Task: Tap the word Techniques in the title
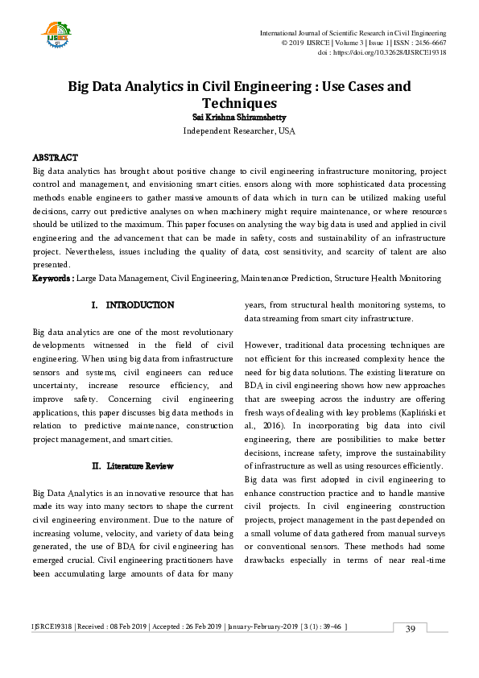click(239, 103)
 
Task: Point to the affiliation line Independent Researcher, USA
click(239, 130)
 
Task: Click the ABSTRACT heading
click(55, 158)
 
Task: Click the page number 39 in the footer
click(410, 629)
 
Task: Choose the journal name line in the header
click(353, 32)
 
